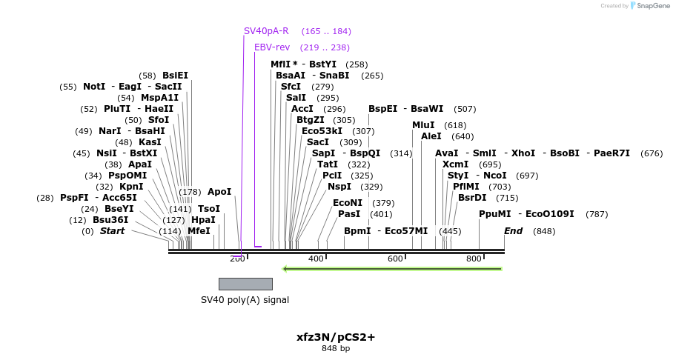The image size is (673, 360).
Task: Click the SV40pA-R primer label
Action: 266,31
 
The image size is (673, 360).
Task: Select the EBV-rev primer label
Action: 272,47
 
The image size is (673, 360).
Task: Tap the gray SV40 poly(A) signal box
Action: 245,284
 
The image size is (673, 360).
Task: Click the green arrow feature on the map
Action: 393,268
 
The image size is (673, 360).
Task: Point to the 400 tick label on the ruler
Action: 316,259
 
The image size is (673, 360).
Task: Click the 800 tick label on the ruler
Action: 474,259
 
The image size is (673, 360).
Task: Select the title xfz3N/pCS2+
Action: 336,337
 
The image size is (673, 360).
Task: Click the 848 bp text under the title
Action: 336,348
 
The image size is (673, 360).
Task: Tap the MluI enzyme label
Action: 423,125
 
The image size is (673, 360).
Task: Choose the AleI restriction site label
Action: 431,136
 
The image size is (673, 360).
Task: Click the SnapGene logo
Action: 635,6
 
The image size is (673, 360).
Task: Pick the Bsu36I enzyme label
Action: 110,220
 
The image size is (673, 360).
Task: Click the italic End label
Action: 513,231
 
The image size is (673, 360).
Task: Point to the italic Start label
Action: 112,231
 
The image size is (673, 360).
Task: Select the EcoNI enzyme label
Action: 348,203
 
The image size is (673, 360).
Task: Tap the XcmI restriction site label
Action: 455,164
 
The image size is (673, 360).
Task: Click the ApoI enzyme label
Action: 219,192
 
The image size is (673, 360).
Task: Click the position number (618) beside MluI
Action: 455,125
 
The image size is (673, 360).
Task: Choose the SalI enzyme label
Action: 296,98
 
